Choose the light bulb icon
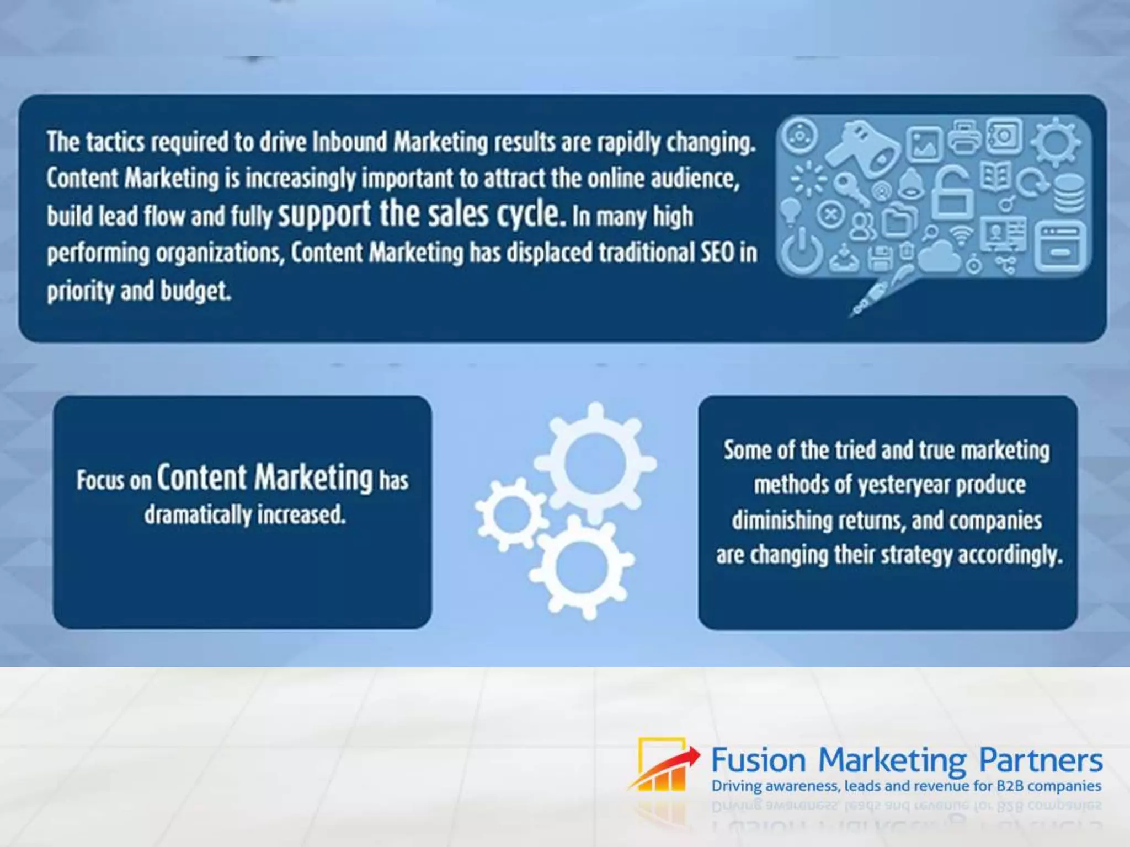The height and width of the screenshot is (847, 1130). pos(791,210)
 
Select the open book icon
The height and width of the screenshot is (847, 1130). pos(996,176)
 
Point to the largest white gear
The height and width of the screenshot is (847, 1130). pos(595,463)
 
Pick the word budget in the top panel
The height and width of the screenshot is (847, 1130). pos(195,291)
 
